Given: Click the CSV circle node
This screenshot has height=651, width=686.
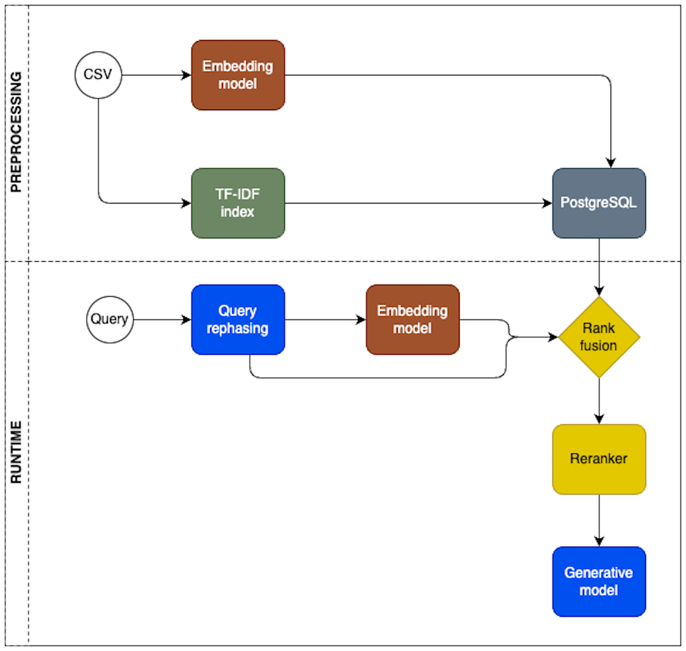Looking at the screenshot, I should pos(98,75).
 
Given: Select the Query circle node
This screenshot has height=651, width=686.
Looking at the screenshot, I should pos(110,319).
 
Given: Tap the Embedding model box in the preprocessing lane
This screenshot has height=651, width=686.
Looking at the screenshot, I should pos(238,75).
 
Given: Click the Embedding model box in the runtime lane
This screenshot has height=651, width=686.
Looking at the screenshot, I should pos(412,319).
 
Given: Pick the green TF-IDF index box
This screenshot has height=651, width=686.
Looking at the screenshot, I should pos(238,203).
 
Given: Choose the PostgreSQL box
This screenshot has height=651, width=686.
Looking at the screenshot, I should pos(599,203).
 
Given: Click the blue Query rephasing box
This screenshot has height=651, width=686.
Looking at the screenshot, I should pos(238,319).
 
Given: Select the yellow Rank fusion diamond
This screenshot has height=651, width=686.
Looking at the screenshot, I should pos(599,337).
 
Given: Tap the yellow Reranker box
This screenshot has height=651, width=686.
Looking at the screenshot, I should pos(599,459).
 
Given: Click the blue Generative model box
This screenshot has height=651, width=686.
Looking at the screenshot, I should pos(599,581).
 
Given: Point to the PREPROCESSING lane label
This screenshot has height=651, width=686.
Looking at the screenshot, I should pos(16,132).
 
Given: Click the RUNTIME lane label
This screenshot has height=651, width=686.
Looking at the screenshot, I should pos(16,452).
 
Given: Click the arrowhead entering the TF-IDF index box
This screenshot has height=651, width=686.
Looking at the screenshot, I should pos(186,203).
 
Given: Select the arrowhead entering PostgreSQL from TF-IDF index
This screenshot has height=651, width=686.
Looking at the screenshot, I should pos(547,203).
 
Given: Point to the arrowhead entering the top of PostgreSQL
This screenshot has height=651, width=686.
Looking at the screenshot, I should pos(611,163).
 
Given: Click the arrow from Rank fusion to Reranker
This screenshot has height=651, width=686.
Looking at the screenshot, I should pos(599,401).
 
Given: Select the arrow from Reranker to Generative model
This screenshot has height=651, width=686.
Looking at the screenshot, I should pos(599,520).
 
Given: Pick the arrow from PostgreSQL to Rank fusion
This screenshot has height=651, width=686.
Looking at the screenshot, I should pos(599,266).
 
